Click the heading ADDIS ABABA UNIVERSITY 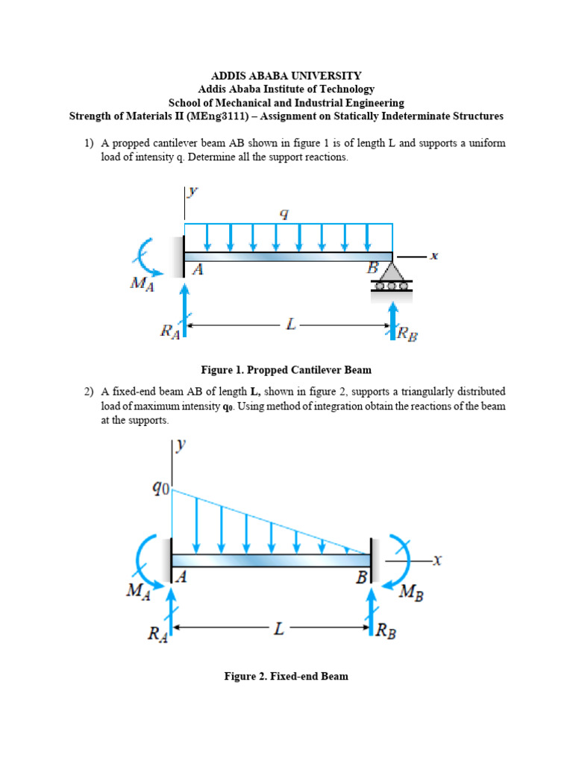(286, 75)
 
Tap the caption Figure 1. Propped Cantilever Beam (286, 369)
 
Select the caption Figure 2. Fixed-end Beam (286, 677)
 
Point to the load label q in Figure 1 (284, 213)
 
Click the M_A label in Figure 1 (141, 285)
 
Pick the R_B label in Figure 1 (407, 334)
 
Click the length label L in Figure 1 (291, 325)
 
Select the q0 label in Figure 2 (161, 489)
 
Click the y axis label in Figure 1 (192, 192)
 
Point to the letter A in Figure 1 (198, 270)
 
